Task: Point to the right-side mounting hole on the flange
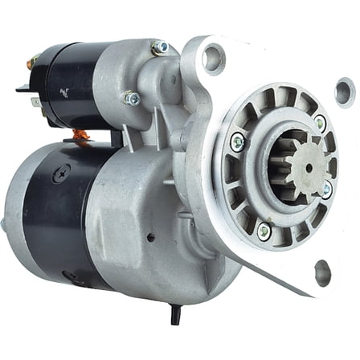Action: [344, 90]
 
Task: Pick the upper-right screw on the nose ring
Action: [321, 123]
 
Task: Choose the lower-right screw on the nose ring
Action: [326, 190]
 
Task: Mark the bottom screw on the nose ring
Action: [263, 231]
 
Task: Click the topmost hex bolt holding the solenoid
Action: [159, 47]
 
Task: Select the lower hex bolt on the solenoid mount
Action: [129, 98]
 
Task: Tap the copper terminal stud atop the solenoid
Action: [34, 61]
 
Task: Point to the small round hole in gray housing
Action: [149, 238]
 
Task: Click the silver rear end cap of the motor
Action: [18, 217]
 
